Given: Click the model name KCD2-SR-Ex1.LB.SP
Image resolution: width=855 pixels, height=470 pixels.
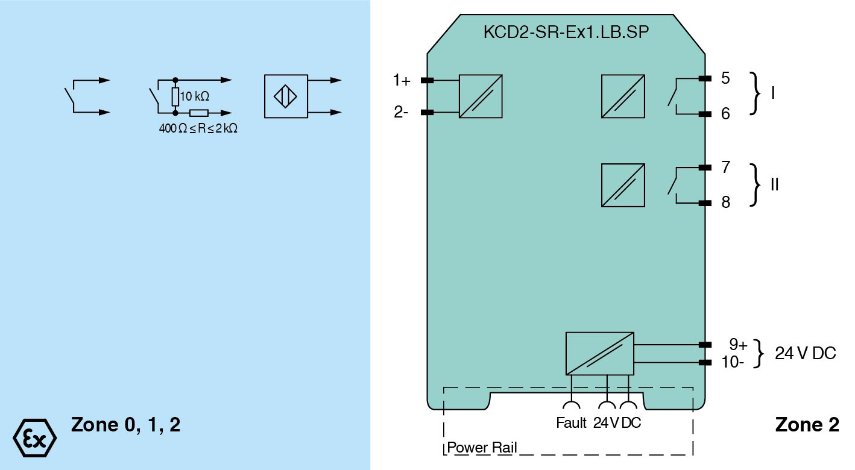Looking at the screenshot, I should point(566,33).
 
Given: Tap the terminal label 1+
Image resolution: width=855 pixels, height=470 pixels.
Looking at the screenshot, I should point(402,80).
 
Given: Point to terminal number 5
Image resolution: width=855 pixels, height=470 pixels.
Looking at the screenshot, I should point(725,78).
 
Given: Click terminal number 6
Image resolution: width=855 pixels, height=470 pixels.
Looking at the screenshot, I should point(725,114).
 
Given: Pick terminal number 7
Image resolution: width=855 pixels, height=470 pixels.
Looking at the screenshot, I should point(725,167).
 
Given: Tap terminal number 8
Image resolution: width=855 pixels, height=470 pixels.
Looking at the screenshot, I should point(725,202).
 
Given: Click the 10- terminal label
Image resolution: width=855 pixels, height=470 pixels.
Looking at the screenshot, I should point(733,363).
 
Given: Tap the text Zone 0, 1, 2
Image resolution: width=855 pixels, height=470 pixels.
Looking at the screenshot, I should point(125,425).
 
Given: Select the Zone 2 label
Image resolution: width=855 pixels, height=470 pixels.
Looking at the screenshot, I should point(807,425).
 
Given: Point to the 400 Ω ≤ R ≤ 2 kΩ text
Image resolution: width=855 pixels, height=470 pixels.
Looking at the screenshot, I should point(198,128).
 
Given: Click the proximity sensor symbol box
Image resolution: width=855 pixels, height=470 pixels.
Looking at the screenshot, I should point(286,96).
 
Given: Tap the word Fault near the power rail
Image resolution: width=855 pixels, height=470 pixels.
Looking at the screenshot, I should point(571,423).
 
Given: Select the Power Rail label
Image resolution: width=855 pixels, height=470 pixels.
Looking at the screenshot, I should point(482,448).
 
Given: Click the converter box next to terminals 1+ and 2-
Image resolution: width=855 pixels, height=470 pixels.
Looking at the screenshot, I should point(481,96).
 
